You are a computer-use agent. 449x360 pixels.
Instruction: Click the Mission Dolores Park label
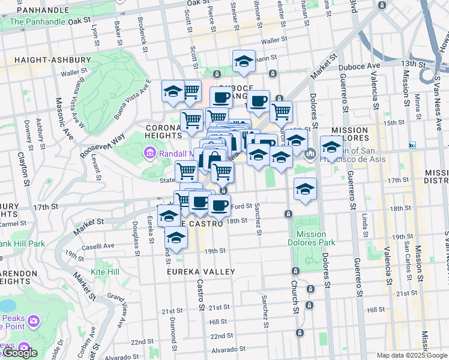point(311,239)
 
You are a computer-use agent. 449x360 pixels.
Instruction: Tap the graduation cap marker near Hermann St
point(244,61)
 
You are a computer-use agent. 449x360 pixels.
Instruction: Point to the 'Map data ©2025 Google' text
point(412,355)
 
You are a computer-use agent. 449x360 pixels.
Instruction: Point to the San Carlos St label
point(407,257)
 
